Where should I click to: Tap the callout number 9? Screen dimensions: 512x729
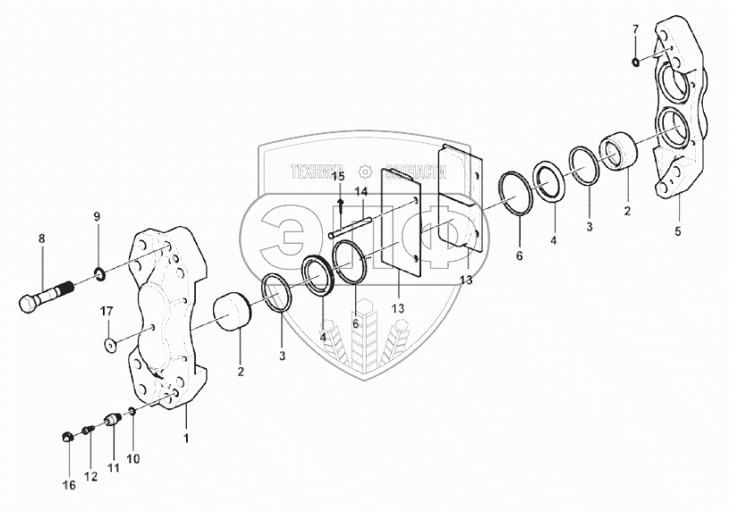[x=97, y=217]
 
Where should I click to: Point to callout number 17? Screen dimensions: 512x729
[x=106, y=311]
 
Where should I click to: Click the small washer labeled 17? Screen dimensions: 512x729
[x=108, y=345]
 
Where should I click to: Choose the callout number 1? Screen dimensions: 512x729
[x=185, y=439]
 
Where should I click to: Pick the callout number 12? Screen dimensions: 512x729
[x=89, y=477]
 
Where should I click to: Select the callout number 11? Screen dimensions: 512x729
[x=113, y=468]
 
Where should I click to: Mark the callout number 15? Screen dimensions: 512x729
[x=339, y=177]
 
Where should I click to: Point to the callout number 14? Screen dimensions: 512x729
[x=360, y=191]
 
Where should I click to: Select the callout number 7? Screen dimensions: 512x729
[x=635, y=29]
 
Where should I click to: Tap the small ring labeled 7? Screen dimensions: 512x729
[x=634, y=61]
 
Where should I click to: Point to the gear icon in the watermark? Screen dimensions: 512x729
[x=364, y=172]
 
